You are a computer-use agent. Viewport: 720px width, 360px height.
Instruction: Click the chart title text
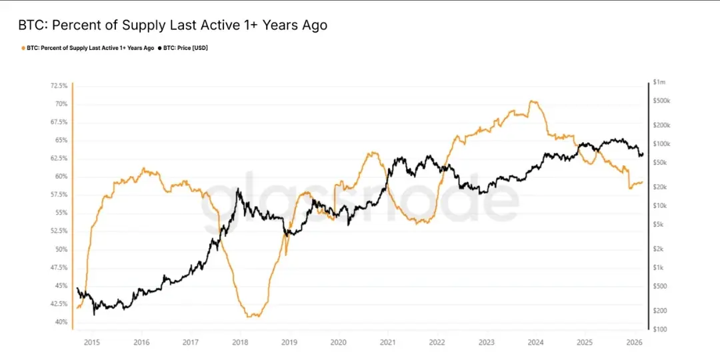pyautogui.click(x=173, y=25)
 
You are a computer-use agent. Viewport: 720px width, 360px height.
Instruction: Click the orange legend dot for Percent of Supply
pyautogui.click(x=24, y=48)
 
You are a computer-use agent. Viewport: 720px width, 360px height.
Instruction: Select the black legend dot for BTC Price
pyautogui.click(x=161, y=48)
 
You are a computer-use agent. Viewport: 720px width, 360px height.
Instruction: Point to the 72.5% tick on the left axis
pyautogui.click(x=59, y=86)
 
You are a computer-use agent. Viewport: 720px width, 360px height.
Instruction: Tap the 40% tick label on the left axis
pyautogui.click(x=61, y=322)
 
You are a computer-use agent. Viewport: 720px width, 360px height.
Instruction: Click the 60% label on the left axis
pyautogui.click(x=61, y=177)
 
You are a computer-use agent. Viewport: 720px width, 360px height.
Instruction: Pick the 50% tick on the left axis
pyautogui.click(x=61, y=249)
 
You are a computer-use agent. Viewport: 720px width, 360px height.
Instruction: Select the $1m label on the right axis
pyautogui.click(x=659, y=82)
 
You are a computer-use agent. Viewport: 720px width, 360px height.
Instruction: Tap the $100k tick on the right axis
pyautogui.click(x=661, y=144)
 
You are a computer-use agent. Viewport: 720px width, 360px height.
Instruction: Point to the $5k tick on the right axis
pyautogui.click(x=659, y=225)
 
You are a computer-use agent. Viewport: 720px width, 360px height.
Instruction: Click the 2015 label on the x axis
pyautogui.click(x=92, y=342)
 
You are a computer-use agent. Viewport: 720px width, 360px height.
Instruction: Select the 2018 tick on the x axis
pyautogui.click(x=240, y=342)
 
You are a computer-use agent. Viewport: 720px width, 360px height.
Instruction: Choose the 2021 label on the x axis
pyautogui.click(x=387, y=342)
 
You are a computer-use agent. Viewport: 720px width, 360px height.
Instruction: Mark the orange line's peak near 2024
pyautogui.click(x=532, y=101)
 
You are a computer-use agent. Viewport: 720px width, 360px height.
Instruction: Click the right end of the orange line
pyautogui.click(x=642, y=182)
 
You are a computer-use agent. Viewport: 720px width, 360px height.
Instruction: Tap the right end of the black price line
pyautogui.click(x=643, y=155)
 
